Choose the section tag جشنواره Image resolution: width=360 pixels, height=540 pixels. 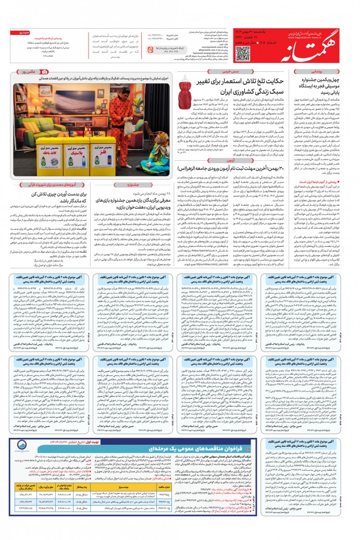133,185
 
